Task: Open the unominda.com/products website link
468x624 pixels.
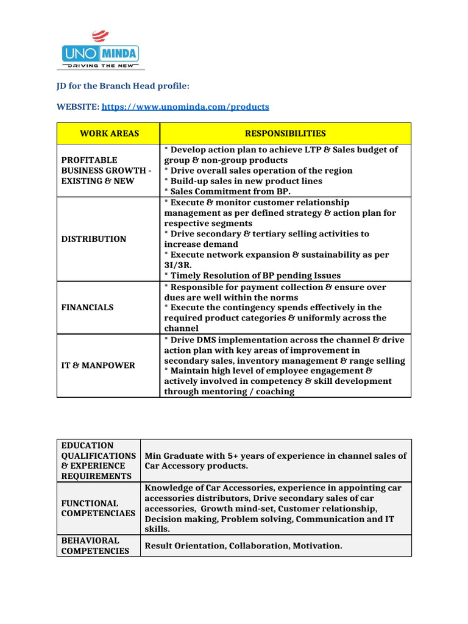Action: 185,107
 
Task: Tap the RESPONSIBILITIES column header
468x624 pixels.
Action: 285,133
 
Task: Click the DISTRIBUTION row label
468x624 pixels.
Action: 94,239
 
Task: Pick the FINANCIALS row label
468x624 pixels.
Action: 87,308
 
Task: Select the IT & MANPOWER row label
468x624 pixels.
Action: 98,366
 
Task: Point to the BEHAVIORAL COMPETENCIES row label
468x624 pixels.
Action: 95,545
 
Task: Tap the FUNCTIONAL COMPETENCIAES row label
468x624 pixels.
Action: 98,508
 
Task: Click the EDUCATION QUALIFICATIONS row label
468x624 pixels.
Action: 98,461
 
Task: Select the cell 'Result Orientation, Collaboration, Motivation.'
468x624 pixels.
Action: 243,545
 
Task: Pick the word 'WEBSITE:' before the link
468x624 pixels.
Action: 78,107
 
